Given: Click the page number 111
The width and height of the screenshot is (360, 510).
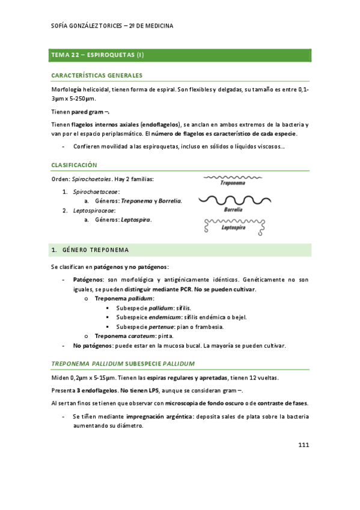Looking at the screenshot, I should [x=303, y=445].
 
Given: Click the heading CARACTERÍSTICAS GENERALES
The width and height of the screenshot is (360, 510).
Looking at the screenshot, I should [x=97, y=75].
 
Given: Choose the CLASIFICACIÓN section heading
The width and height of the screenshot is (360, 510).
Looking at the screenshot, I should [x=75, y=165].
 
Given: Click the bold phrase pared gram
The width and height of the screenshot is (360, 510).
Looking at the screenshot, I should [x=88, y=112].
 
